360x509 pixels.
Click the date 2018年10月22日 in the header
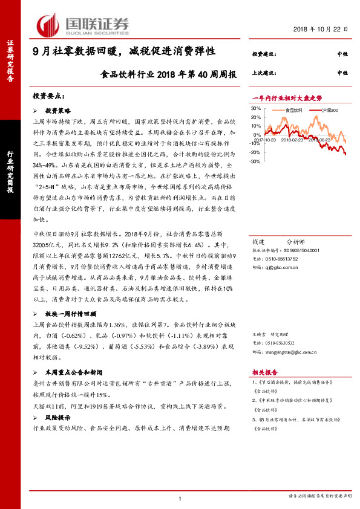pos(321,30)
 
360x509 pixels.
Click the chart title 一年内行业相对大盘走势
pos(287,97)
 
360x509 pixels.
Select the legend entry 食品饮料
pos(293,111)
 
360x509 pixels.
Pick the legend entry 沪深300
pos(329,111)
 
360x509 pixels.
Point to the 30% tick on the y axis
pos(255,109)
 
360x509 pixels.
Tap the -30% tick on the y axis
pos(255,161)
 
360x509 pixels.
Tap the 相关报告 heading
pos(264,373)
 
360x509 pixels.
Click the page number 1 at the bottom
pos(180,498)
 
